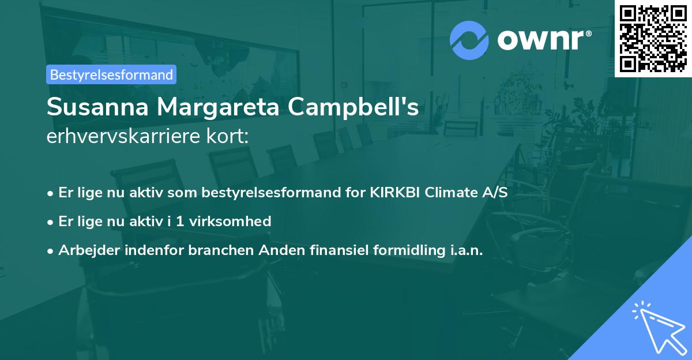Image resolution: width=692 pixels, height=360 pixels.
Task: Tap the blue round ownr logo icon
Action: pos(469,40)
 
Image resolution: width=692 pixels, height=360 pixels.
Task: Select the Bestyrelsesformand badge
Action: pos(111,74)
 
